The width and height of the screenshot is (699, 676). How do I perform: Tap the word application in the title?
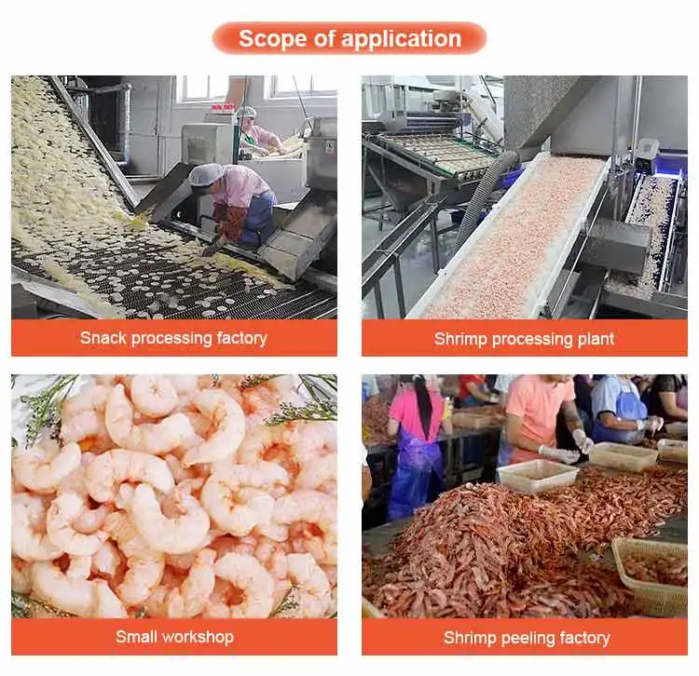point(401,39)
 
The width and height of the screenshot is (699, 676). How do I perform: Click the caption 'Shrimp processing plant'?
point(524,339)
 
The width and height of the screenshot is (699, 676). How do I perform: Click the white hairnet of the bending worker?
point(206,174)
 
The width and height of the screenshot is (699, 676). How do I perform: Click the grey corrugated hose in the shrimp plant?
point(484,196)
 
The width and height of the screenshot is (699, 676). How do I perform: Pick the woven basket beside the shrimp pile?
point(651,575)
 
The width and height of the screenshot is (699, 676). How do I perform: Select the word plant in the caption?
point(596,339)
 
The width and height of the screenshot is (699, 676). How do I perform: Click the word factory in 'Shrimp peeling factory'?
point(585,638)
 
